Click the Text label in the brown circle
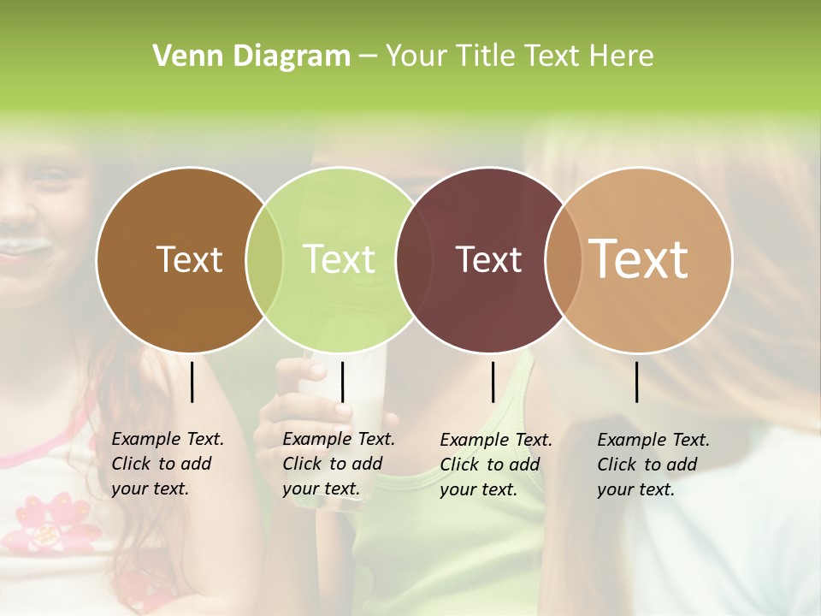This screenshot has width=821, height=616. (x=189, y=259)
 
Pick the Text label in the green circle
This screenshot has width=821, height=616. (x=339, y=259)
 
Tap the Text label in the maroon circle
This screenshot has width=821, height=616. (x=488, y=259)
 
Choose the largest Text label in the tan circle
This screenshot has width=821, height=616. (x=638, y=258)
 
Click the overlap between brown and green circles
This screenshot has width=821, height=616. (x=264, y=260)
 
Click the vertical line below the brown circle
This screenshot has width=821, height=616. (x=192, y=382)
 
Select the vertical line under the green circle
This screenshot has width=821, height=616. (x=342, y=382)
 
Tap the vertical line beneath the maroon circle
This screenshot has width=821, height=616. (x=493, y=382)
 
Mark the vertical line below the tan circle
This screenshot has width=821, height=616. (x=636, y=382)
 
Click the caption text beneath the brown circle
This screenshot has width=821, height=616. (x=167, y=464)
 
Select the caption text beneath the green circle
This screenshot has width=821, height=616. (x=338, y=464)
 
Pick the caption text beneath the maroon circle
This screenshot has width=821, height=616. (x=495, y=465)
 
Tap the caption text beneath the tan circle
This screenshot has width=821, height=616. (x=653, y=465)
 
